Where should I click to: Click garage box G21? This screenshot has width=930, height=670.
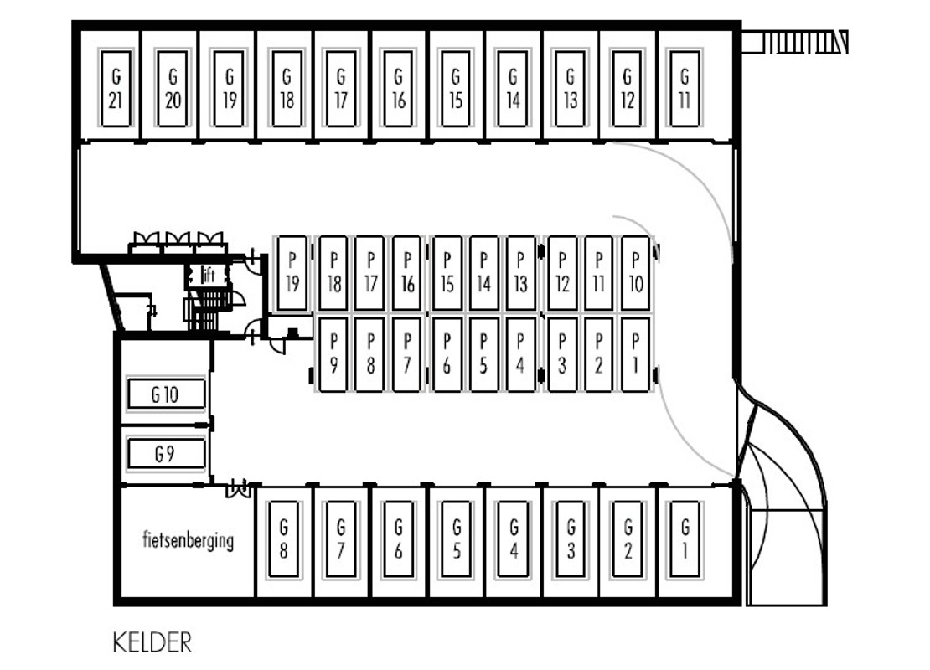[116, 88]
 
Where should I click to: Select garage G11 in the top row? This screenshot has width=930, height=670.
[685, 88]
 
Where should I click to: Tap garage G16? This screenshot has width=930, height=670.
[398, 88]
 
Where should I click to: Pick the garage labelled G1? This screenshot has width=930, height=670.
[685, 539]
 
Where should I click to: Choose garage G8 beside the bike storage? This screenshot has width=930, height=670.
[283, 539]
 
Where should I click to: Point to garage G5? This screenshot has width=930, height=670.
[456, 539]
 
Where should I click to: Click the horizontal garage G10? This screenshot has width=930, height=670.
[167, 394]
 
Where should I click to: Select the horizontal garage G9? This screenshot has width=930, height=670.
[167, 454]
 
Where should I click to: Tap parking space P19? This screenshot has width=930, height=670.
[292, 273]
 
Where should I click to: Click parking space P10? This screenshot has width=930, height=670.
[635, 273]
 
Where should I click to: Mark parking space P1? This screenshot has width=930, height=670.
[635, 354]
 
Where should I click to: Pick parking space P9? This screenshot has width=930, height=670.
[333, 354]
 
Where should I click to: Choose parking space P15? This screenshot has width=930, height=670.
[447, 273]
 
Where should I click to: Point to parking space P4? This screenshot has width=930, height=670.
[520, 354]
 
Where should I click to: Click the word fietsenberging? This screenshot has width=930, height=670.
[188, 540]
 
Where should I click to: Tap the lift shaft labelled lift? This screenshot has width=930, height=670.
[208, 275]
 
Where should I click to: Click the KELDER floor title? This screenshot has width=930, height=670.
[152, 642]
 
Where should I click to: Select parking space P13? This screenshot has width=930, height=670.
[520, 273]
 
